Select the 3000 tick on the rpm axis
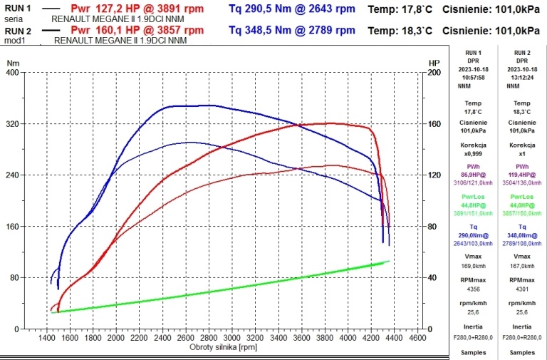tap(232, 337)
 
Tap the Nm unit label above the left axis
tap(13, 63)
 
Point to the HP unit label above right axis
tap(434, 63)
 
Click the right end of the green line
tap(389, 261)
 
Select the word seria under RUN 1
tap(14, 19)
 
